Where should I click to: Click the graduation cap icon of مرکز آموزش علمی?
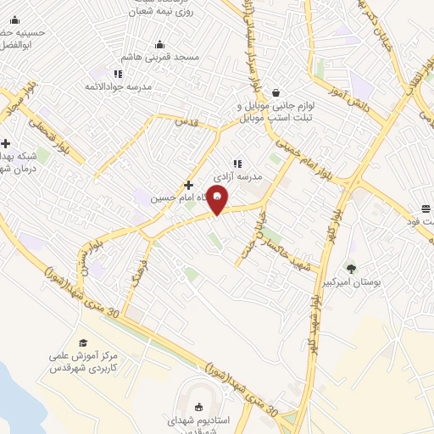tap(83, 342)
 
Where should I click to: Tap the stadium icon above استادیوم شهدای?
tap(200, 407)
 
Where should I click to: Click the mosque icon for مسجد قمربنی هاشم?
tap(159, 45)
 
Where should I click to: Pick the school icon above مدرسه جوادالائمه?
tap(118, 75)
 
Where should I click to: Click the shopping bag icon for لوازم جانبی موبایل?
tap(276, 93)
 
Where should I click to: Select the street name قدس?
tap(186, 123)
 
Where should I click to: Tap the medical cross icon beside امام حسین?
tap(188, 186)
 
